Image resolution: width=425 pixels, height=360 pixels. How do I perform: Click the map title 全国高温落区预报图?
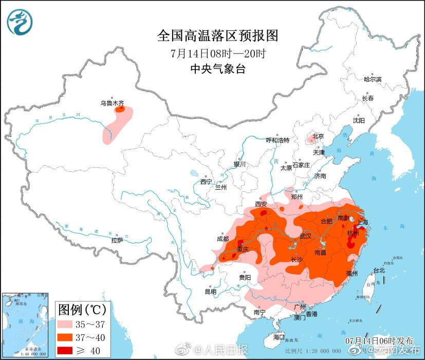tap(217, 35)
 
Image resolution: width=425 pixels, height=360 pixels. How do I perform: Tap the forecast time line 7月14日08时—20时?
tap(217, 53)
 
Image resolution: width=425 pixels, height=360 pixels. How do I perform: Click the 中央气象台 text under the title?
tap(217, 69)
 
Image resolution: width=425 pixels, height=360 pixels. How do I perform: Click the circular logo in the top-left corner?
tap(20, 22)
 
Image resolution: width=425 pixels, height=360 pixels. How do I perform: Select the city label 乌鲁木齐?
tap(112, 103)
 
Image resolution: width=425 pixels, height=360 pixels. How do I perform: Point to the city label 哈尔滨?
tap(373, 79)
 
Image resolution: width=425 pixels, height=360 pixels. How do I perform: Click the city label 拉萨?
tap(117, 240)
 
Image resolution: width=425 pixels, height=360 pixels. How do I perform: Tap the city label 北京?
tap(319, 136)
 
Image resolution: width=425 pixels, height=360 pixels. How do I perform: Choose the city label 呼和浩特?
tap(278, 140)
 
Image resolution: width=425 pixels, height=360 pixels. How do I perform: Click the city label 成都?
tap(223, 239)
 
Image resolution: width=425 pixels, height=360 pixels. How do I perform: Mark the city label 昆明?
tap(211, 292)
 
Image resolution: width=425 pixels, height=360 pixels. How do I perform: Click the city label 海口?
tap(279, 336)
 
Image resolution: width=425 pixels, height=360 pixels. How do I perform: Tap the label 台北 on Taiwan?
tap(379, 270)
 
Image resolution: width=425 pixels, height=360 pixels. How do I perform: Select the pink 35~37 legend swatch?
tap(67, 325)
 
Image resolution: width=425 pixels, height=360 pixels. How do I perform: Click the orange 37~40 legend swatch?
tap(67, 337)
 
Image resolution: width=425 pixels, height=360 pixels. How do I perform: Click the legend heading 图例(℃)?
tap(82, 310)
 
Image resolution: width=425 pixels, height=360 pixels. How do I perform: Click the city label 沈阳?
tap(358, 120)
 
